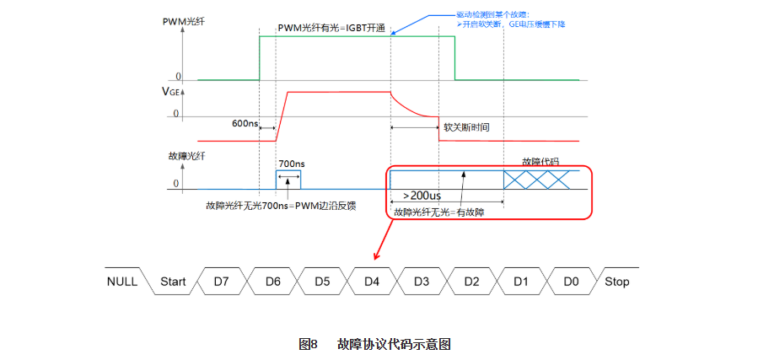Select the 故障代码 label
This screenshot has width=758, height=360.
click(540, 161)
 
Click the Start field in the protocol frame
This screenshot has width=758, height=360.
click(173, 282)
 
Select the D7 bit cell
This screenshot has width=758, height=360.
click(222, 282)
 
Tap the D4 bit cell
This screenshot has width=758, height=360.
click(371, 282)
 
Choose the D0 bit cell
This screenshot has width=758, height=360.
click(571, 282)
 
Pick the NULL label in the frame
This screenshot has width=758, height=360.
click(121, 282)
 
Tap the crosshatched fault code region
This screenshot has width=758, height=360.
click(540, 179)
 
